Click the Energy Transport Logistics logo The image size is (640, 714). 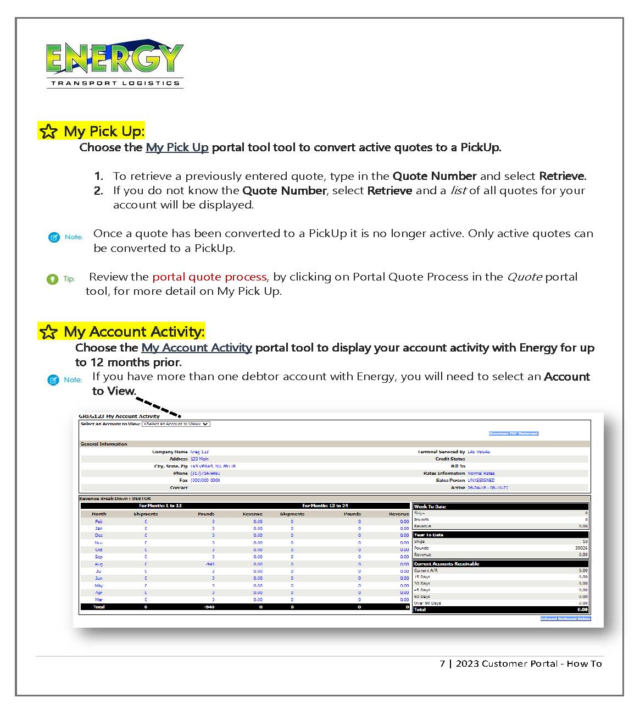[114, 63]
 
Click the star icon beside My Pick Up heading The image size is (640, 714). [48, 131]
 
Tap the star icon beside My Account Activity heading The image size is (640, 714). [48, 332]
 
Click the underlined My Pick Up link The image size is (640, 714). [177, 147]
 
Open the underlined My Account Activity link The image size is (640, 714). [196, 348]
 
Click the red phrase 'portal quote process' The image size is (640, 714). [209, 277]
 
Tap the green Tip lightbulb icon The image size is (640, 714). [52, 279]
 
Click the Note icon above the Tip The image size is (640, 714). [54, 237]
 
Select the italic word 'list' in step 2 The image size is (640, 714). [458, 190]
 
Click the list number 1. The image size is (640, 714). [98, 176]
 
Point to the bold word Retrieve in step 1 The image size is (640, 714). [562, 176]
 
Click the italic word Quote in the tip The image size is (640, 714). [524, 277]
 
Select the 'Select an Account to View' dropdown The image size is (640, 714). [176, 424]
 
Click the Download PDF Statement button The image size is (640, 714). [513, 433]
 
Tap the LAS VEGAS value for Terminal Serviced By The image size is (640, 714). [478, 452]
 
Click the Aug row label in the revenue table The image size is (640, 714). [99, 564]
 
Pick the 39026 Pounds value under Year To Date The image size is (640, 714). [581, 548]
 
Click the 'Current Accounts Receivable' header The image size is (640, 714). [447, 564]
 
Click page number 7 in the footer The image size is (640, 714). [442, 663]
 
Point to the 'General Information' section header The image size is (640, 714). [104, 444]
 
